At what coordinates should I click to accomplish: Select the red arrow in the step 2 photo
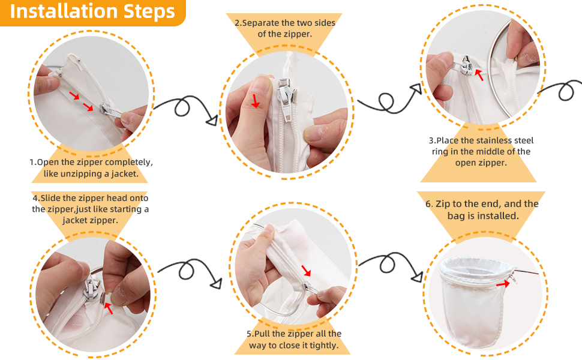[x=256, y=100]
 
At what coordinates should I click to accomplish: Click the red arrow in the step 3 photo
[x=478, y=74]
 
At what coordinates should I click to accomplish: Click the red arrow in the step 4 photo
[x=109, y=308]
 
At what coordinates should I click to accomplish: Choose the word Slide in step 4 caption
[x=53, y=198]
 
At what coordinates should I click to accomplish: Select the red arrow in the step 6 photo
[x=503, y=284]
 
